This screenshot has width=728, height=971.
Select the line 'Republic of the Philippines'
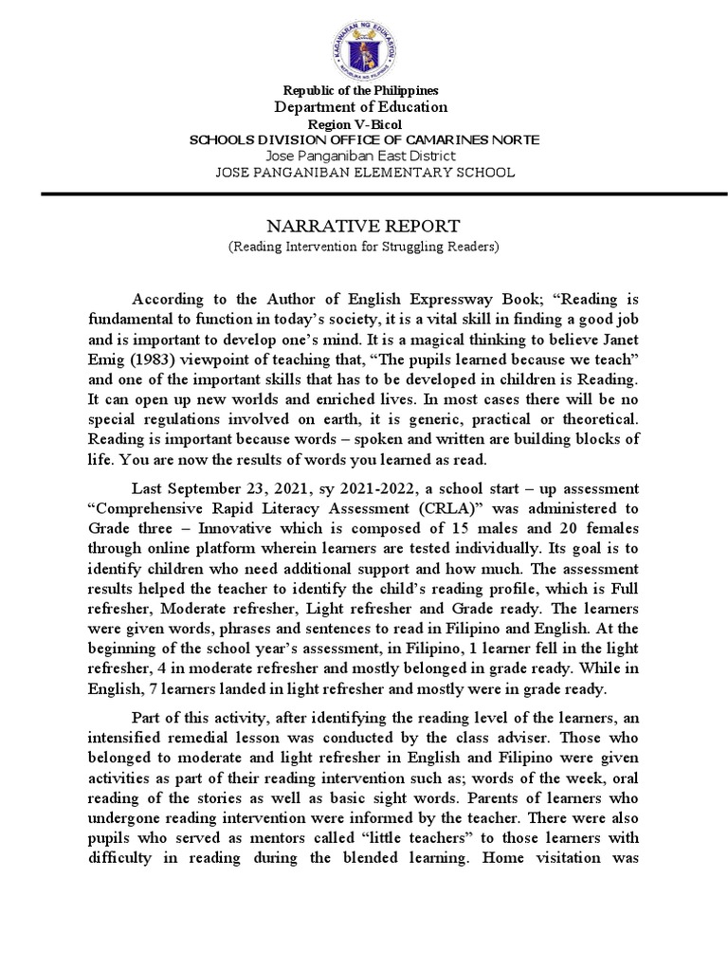coord(365,90)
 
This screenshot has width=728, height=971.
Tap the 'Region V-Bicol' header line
coord(365,124)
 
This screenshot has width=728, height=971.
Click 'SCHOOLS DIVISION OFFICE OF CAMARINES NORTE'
coord(365,139)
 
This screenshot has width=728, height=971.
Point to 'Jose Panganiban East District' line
coord(360,156)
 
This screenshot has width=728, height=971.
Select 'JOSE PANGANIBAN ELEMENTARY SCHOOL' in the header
coord(365,173)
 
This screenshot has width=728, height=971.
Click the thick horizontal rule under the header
coord(364,193)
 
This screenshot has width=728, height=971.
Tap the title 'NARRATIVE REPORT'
coord(364,226)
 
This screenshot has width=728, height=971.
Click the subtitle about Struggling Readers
coord(364,247)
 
